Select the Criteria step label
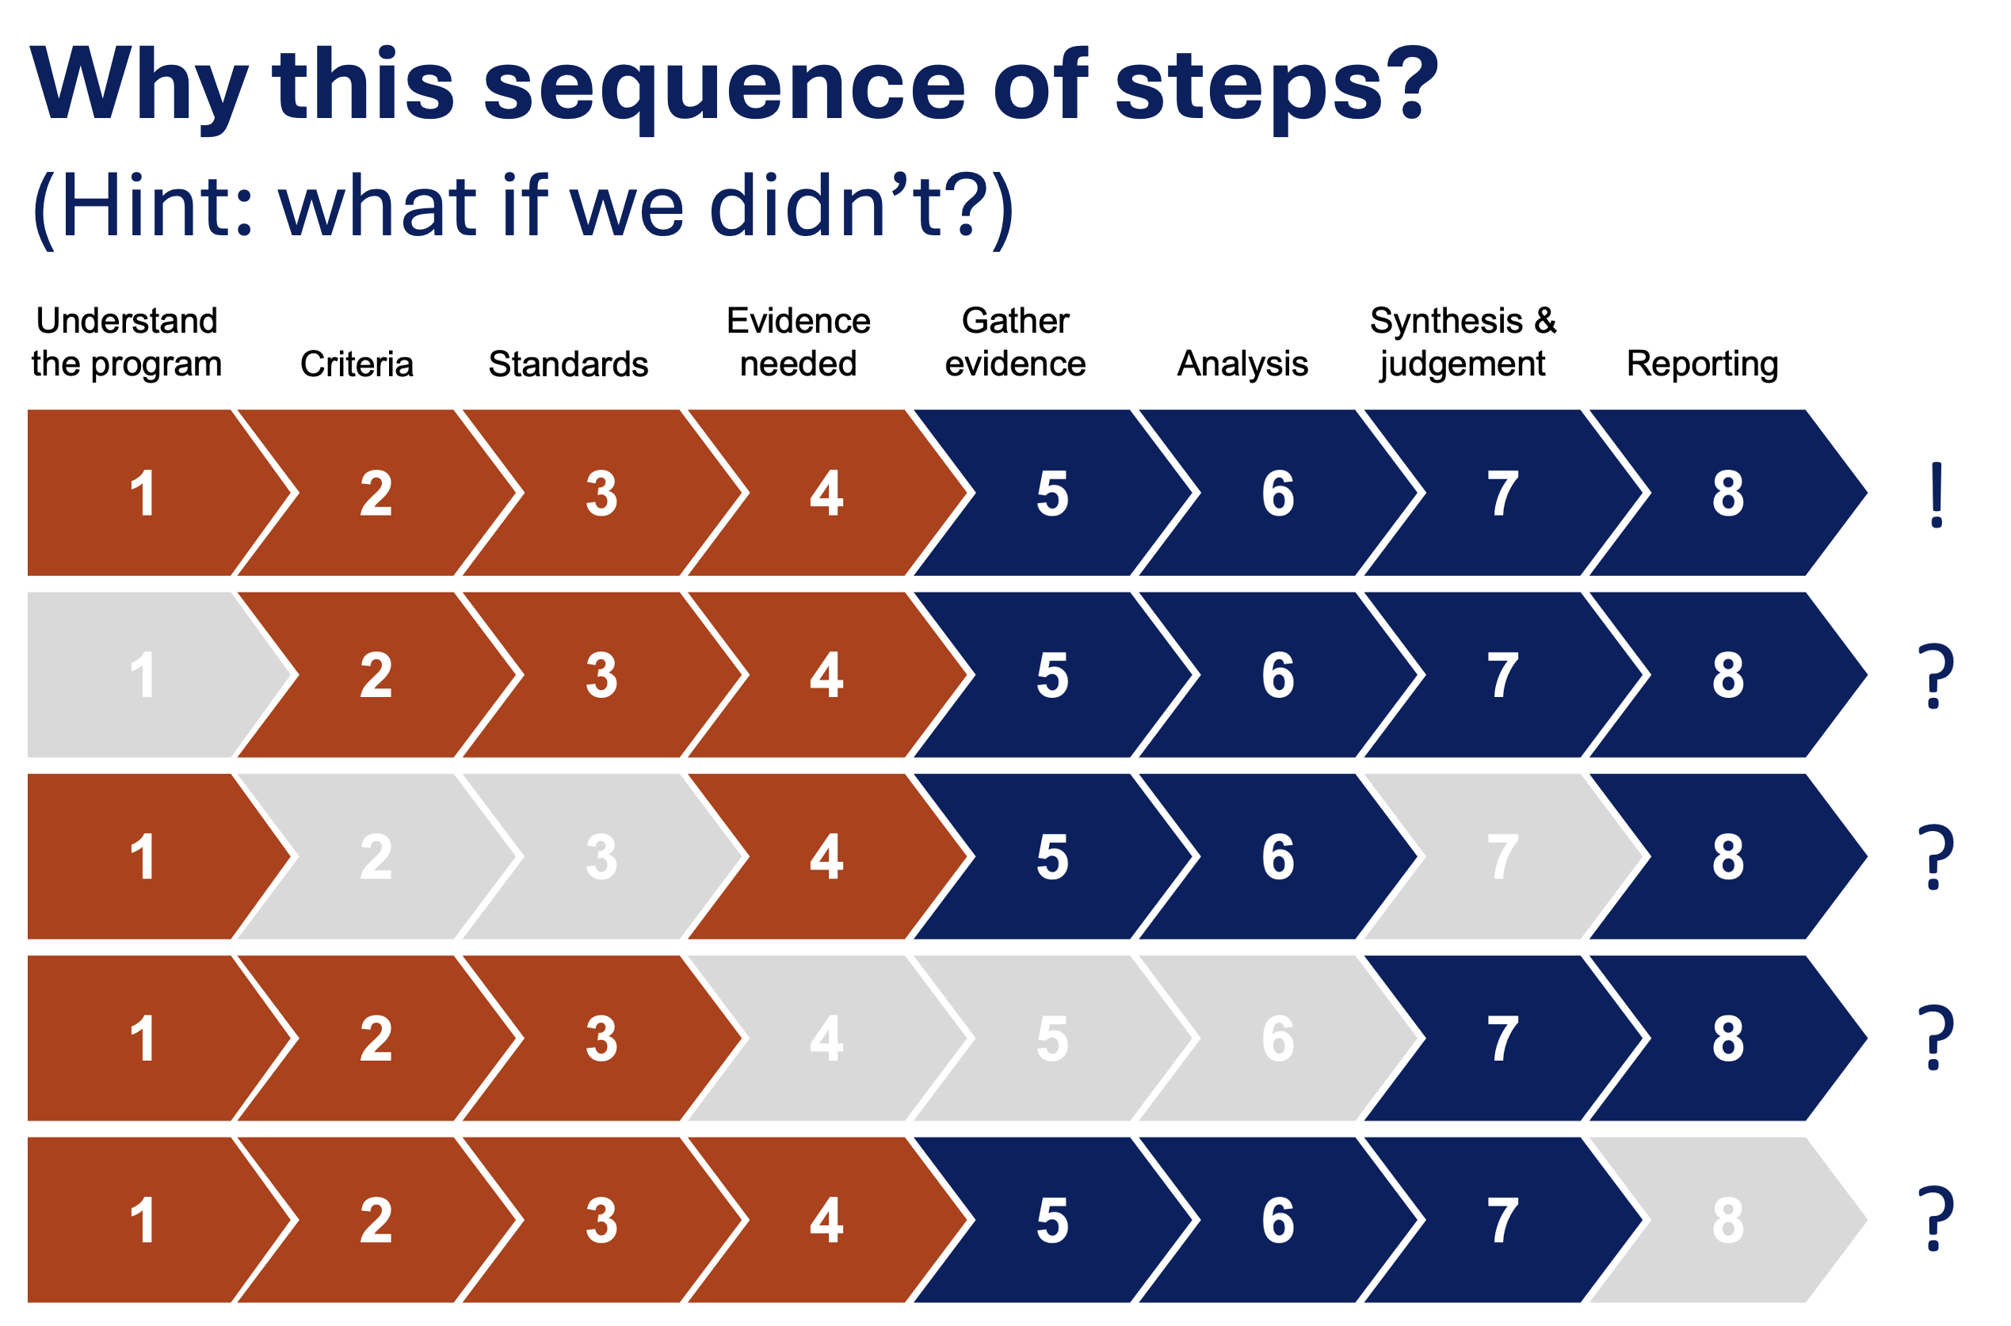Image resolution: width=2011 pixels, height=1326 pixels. [x=357, y=364]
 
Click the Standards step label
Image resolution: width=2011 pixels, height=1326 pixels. [x=568, y=364]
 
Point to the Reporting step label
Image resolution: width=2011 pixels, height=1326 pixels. [x=1702, y=364]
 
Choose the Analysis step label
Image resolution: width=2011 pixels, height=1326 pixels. [x=1242, y=364]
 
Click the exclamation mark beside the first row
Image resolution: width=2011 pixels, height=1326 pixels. [x=1937, y=496]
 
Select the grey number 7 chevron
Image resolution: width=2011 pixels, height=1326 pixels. [x=1505, y=856]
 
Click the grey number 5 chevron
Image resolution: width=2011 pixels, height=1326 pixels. [x=1053, y=1038]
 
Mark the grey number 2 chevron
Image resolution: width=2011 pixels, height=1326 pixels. [x=376, y=856]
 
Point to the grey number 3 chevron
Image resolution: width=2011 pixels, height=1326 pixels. [x=602, y=856]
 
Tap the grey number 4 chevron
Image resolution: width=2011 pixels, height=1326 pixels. [x=827, y=1038]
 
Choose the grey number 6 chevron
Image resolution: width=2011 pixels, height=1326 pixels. [x=1279, y=1038]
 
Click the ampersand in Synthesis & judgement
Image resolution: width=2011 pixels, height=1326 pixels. [x=1545, y=321]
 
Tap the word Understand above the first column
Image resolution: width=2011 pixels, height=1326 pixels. [x=127, y=321]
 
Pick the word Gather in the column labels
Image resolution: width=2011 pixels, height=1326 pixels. [x=1016, y=321]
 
